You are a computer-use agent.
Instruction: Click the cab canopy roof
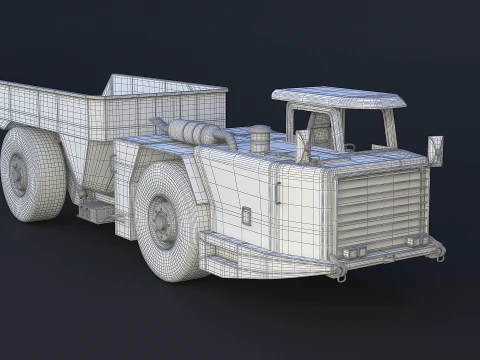(340, 97)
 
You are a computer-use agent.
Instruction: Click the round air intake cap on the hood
(260, 136)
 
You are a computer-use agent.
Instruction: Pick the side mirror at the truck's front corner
(435, 150)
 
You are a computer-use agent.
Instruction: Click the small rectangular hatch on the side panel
(246, 215)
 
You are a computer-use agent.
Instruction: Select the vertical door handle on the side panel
(277, 189)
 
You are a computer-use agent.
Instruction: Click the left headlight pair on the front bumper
(351, 251)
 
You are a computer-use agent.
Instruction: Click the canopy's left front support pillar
(292, 124)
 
